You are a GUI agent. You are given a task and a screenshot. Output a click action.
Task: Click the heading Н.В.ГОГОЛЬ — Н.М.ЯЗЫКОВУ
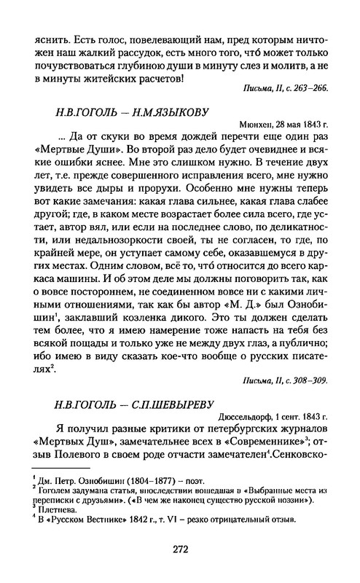coord(127,112)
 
